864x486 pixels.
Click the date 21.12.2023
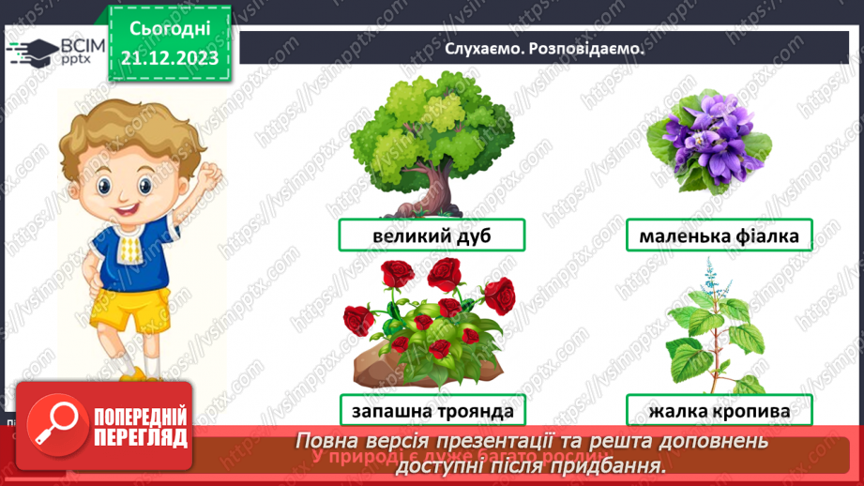169,58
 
